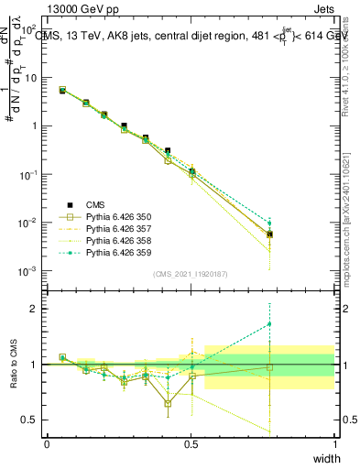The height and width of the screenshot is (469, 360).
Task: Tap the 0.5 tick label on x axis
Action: point(191,444)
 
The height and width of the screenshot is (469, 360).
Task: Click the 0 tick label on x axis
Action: point(47,444)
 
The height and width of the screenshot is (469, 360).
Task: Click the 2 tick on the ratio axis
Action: point(34,309)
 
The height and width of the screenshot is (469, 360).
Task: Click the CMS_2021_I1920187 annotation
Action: point(191,274)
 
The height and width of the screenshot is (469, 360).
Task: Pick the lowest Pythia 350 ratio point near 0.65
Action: point(168,403)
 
